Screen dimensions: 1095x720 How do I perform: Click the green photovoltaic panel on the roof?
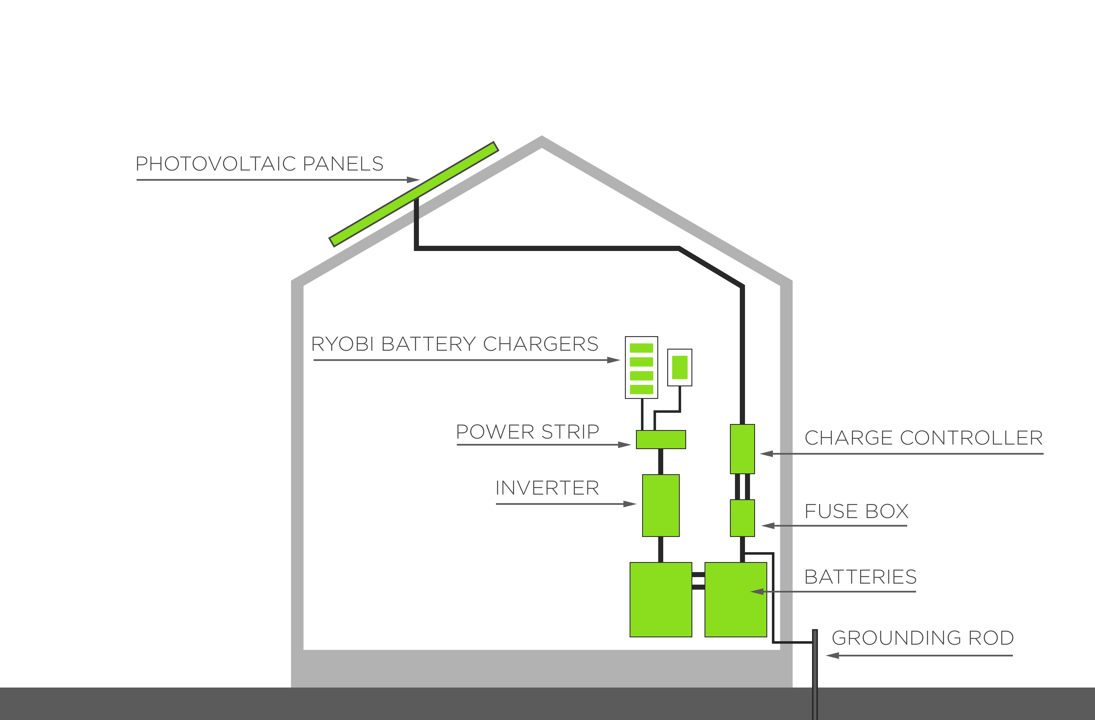[x=414, y=194]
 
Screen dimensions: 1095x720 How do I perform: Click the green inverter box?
[x=661, y=505]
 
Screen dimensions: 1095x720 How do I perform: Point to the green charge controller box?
[x=742, y=449]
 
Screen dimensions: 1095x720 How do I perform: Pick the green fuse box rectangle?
[x=742, y=518]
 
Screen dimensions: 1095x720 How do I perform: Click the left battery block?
[x=661, y=599]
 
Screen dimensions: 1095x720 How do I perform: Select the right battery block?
[x=736, y=599]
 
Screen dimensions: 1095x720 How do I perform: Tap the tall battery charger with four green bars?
[x=641, y=367]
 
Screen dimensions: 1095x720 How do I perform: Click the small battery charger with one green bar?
[x=680, y=367]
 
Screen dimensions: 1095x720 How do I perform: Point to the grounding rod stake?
[x=815, y=674]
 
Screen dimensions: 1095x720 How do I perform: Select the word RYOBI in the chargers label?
[x=343, y=344]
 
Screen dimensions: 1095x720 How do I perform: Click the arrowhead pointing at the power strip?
[x=624, y=445]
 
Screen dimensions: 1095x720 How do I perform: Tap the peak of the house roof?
[x=541, y=137]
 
